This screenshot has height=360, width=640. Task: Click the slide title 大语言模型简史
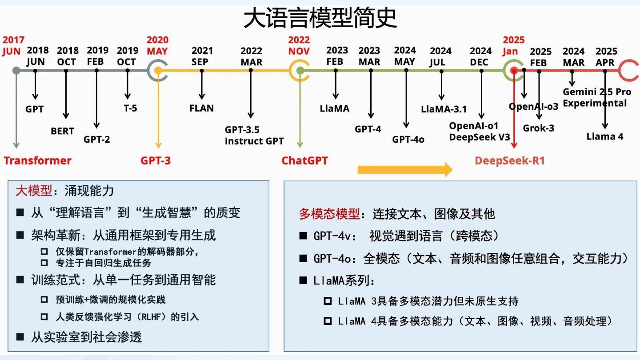click(x=320, y=19)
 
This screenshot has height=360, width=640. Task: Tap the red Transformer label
click(x=38, y=160)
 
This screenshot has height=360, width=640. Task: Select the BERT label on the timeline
click(x=62, y=131)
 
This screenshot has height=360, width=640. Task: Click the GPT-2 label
click(x=97, y=139)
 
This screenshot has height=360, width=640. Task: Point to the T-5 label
click(x=130, y=108)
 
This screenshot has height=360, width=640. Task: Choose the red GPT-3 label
click(x=156, y=160)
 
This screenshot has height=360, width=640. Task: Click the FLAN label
click(x=201, y=108)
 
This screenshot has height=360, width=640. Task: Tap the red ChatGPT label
click(x=304, y=160)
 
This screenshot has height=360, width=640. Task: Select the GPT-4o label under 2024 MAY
click(x=408, y=139)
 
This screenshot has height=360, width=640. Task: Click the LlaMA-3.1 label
click(x=444, y=108)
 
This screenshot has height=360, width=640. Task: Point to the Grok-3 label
click(x=538, y=128)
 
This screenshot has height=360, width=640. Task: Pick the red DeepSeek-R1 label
click(x=510, y=160)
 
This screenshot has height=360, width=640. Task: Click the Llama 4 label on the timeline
click(x=605, y=136)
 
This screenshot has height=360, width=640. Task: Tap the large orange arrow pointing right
click(x=405, y=169)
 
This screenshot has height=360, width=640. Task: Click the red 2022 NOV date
click(x=299, y=45)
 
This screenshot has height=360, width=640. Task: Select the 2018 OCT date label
click(x=68, y=56)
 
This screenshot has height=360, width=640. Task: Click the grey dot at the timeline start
click(x=16, y=70)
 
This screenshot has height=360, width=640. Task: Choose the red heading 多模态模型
click(x=329, y=214)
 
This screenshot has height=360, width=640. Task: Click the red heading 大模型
click(x=34, y=191)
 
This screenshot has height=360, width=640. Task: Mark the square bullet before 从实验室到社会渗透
click(x=20, y=337)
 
